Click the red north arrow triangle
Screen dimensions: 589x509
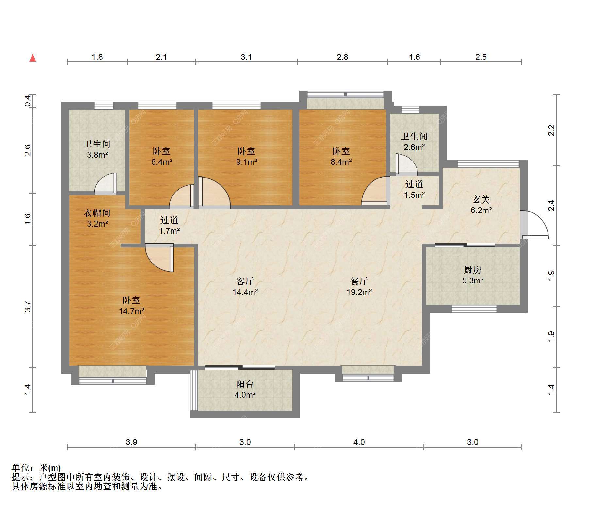(x=33, y=58)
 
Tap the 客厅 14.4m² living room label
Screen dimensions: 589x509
(x=245, y=286)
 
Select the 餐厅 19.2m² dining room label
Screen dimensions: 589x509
(x=359, y=286)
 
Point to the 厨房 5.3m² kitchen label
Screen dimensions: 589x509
(x=473, y=275)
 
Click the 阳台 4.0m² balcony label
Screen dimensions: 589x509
(x=245, y=389)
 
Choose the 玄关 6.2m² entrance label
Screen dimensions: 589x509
(x=481, y=205)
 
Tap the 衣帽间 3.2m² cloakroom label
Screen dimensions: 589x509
(x=97, y=218)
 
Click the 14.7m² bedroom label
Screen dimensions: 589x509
(x=131, y=305)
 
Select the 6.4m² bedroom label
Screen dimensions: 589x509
(x=161, y=156)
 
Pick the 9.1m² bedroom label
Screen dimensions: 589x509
(x=246, y=156)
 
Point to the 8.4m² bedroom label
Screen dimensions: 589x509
(x=341, y=156)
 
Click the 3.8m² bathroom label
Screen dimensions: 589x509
(x=97, y=149)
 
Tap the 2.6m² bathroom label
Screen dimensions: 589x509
(x=414, y=142)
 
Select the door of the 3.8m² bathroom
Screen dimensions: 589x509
(x=106, y=184)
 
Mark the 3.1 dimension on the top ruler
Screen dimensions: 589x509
(x=246, y=57)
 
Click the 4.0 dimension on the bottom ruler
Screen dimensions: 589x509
(x=359, y=442)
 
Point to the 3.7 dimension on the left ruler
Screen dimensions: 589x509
(x=28, y=306)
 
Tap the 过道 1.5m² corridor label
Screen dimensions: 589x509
(x=414, y=190)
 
